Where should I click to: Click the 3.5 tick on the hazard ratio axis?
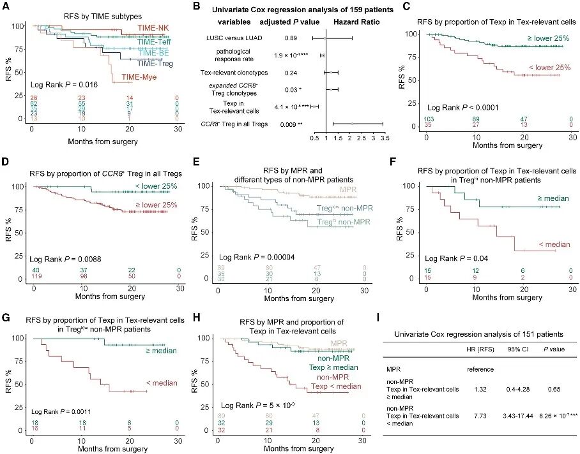coord(382,136)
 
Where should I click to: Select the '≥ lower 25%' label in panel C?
coord(548,38)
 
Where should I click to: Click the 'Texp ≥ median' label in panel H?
coord(333,368)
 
